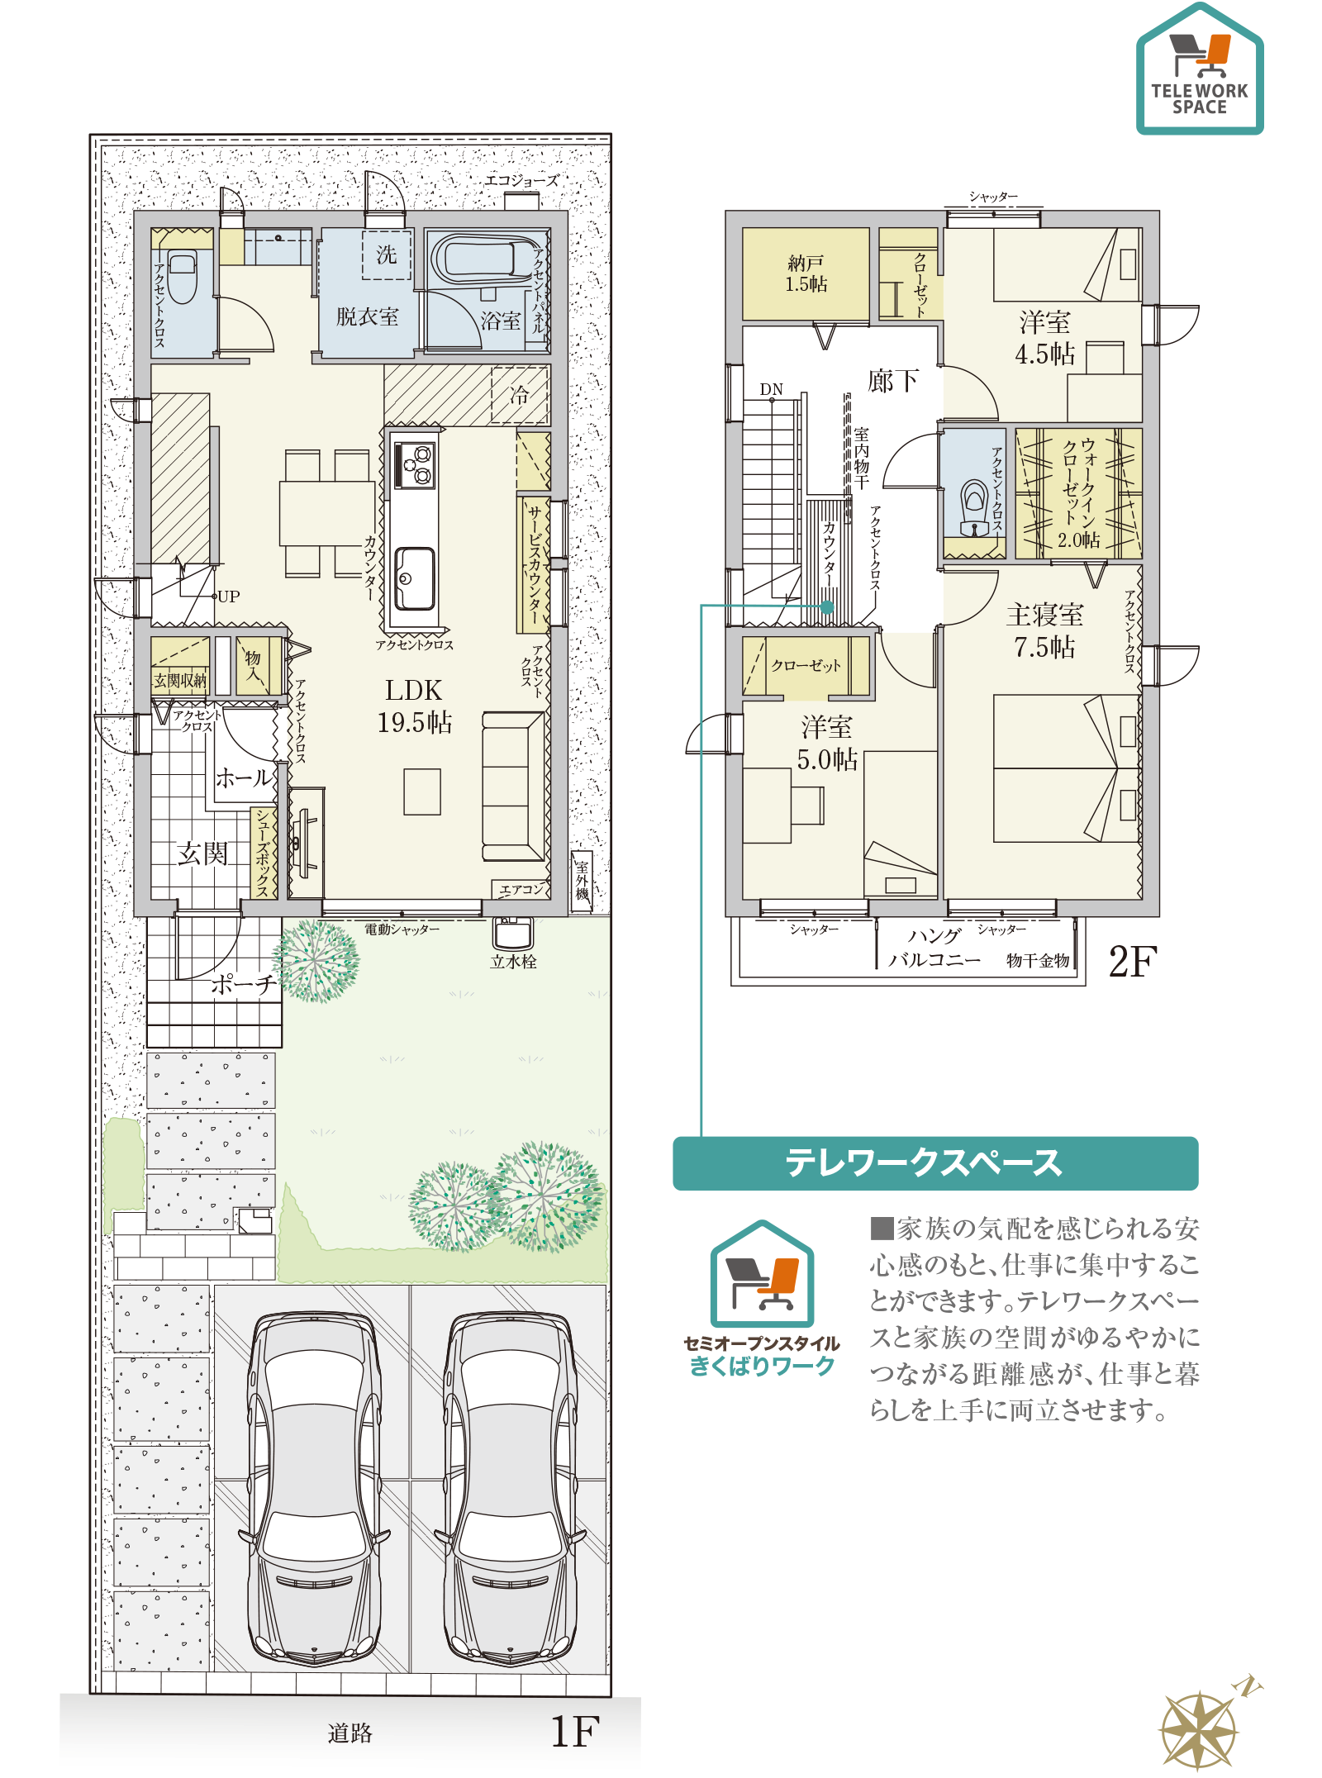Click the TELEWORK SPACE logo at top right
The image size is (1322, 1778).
click(1200, 69)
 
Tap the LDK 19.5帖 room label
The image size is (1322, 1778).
click(415, 706)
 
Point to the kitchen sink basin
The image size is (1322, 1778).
click(415, 578)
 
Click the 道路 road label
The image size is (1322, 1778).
click(350, 1733)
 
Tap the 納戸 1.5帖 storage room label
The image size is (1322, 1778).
click(806, 273)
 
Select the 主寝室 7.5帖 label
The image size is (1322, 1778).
click(1045, 630)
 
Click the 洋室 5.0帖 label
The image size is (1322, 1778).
click(827, 743)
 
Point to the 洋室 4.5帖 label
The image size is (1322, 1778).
click(1045, 337)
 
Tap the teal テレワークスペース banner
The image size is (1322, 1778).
click(935, 1162)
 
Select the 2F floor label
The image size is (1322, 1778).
click(1133, 961)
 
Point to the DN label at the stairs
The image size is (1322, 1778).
click(772, 389)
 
